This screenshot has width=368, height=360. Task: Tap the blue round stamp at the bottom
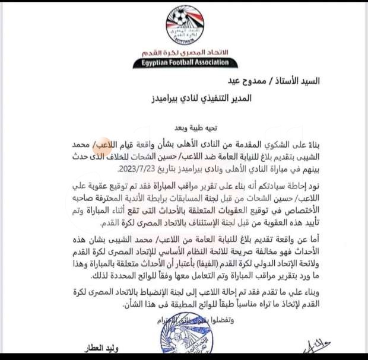click(184, 341)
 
